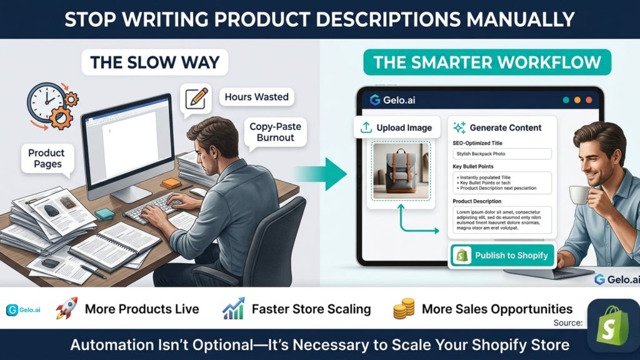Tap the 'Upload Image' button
(x=396, y=127)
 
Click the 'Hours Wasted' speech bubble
(x=256, y=97)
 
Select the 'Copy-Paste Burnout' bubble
(x=275, y=132)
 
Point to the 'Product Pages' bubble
(x=46, y=158)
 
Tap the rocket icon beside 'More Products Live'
(x=66, y=308)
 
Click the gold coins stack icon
(x=403, y=309)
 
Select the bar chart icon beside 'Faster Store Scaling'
(x=232, y=309)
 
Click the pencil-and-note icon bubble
(x=196, y=99)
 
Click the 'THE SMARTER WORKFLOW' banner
(x=487, y=62)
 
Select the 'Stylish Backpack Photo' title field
(x=502, y=153)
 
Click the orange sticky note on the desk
(x=170, y=184)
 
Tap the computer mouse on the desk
(x=198, y=192)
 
